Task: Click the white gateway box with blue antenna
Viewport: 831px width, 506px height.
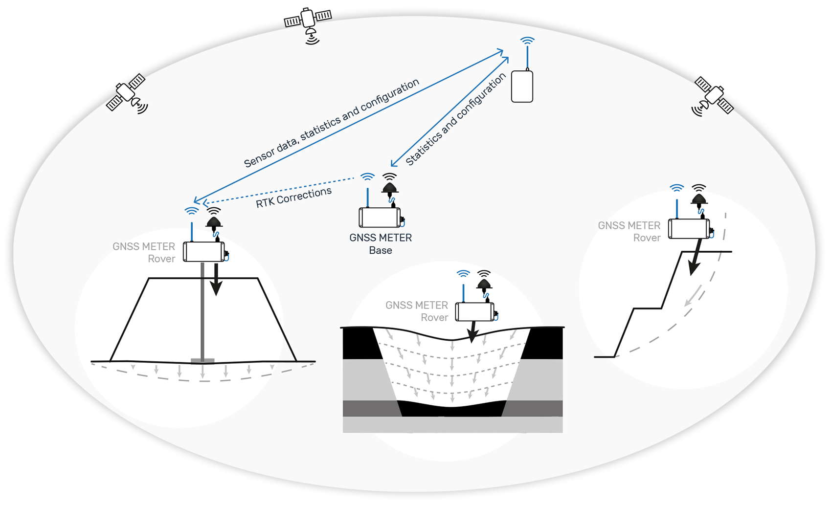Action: click(x=522, y=87)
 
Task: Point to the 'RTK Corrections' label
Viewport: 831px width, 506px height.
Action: click(x=293, y=197)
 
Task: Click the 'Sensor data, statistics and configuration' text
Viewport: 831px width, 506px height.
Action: click(x=331, y=123)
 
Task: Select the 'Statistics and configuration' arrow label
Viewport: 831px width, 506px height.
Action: click(x=455, y=119)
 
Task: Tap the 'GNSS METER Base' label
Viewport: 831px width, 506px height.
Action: click(x=381, y=243)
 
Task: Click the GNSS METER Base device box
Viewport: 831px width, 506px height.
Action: click(x=380, y=218)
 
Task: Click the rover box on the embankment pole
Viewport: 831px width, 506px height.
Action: click(x=204, y=252)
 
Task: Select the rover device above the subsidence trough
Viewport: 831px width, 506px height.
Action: click(x=474, y=311)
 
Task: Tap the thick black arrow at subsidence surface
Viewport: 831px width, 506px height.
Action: click(x=472, y=332)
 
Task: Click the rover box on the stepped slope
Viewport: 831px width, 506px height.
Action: click(x=689, y=229)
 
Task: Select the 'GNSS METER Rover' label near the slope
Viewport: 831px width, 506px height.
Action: click(x=629, y=231)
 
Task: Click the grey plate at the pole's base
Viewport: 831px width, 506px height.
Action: click(x=202, y=361)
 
